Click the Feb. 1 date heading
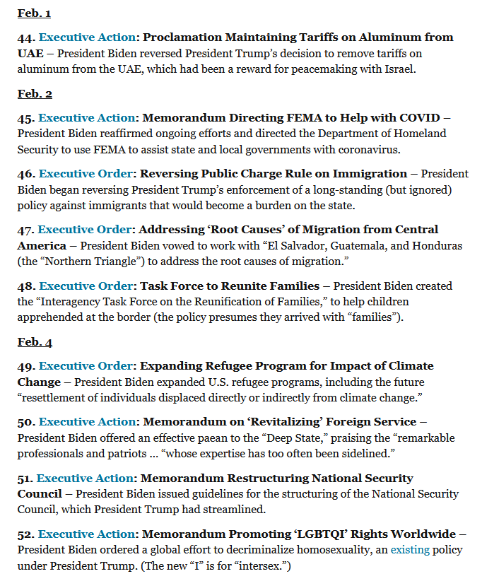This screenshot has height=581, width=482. tap(34, 13)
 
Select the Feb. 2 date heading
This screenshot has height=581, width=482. tap(35, 94)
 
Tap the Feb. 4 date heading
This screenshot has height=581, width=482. tap(35, 342)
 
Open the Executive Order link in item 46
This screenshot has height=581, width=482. tap(86, 173)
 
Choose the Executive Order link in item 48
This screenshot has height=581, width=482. tap(86, 286)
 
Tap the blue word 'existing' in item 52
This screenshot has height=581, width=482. tap(409, 549)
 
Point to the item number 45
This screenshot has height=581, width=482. tap(26, 117)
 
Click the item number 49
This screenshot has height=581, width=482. tap(26, 366)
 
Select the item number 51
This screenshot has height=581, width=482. tap(25, 479)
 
